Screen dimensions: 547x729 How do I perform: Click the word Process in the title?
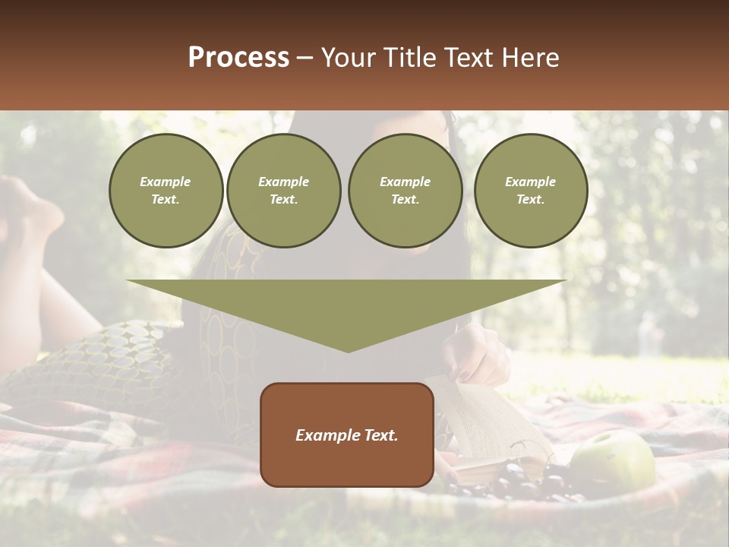point(238,58)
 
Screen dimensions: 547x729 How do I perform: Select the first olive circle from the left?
point(166,191)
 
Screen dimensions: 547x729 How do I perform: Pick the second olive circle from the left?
point(283,191)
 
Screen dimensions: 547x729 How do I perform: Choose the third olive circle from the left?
point(405,191)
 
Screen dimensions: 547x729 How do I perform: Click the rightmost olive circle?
point(530,191)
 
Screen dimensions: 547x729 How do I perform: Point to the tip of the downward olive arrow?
point(348,350)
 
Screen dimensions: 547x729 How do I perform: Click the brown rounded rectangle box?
point(347,434)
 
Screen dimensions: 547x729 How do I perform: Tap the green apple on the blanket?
point(613,461)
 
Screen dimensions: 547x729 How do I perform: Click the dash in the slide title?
point(305,58)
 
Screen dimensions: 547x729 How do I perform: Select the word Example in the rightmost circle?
point(530,182)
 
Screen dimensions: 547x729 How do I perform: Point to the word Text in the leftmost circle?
point(165,200)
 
